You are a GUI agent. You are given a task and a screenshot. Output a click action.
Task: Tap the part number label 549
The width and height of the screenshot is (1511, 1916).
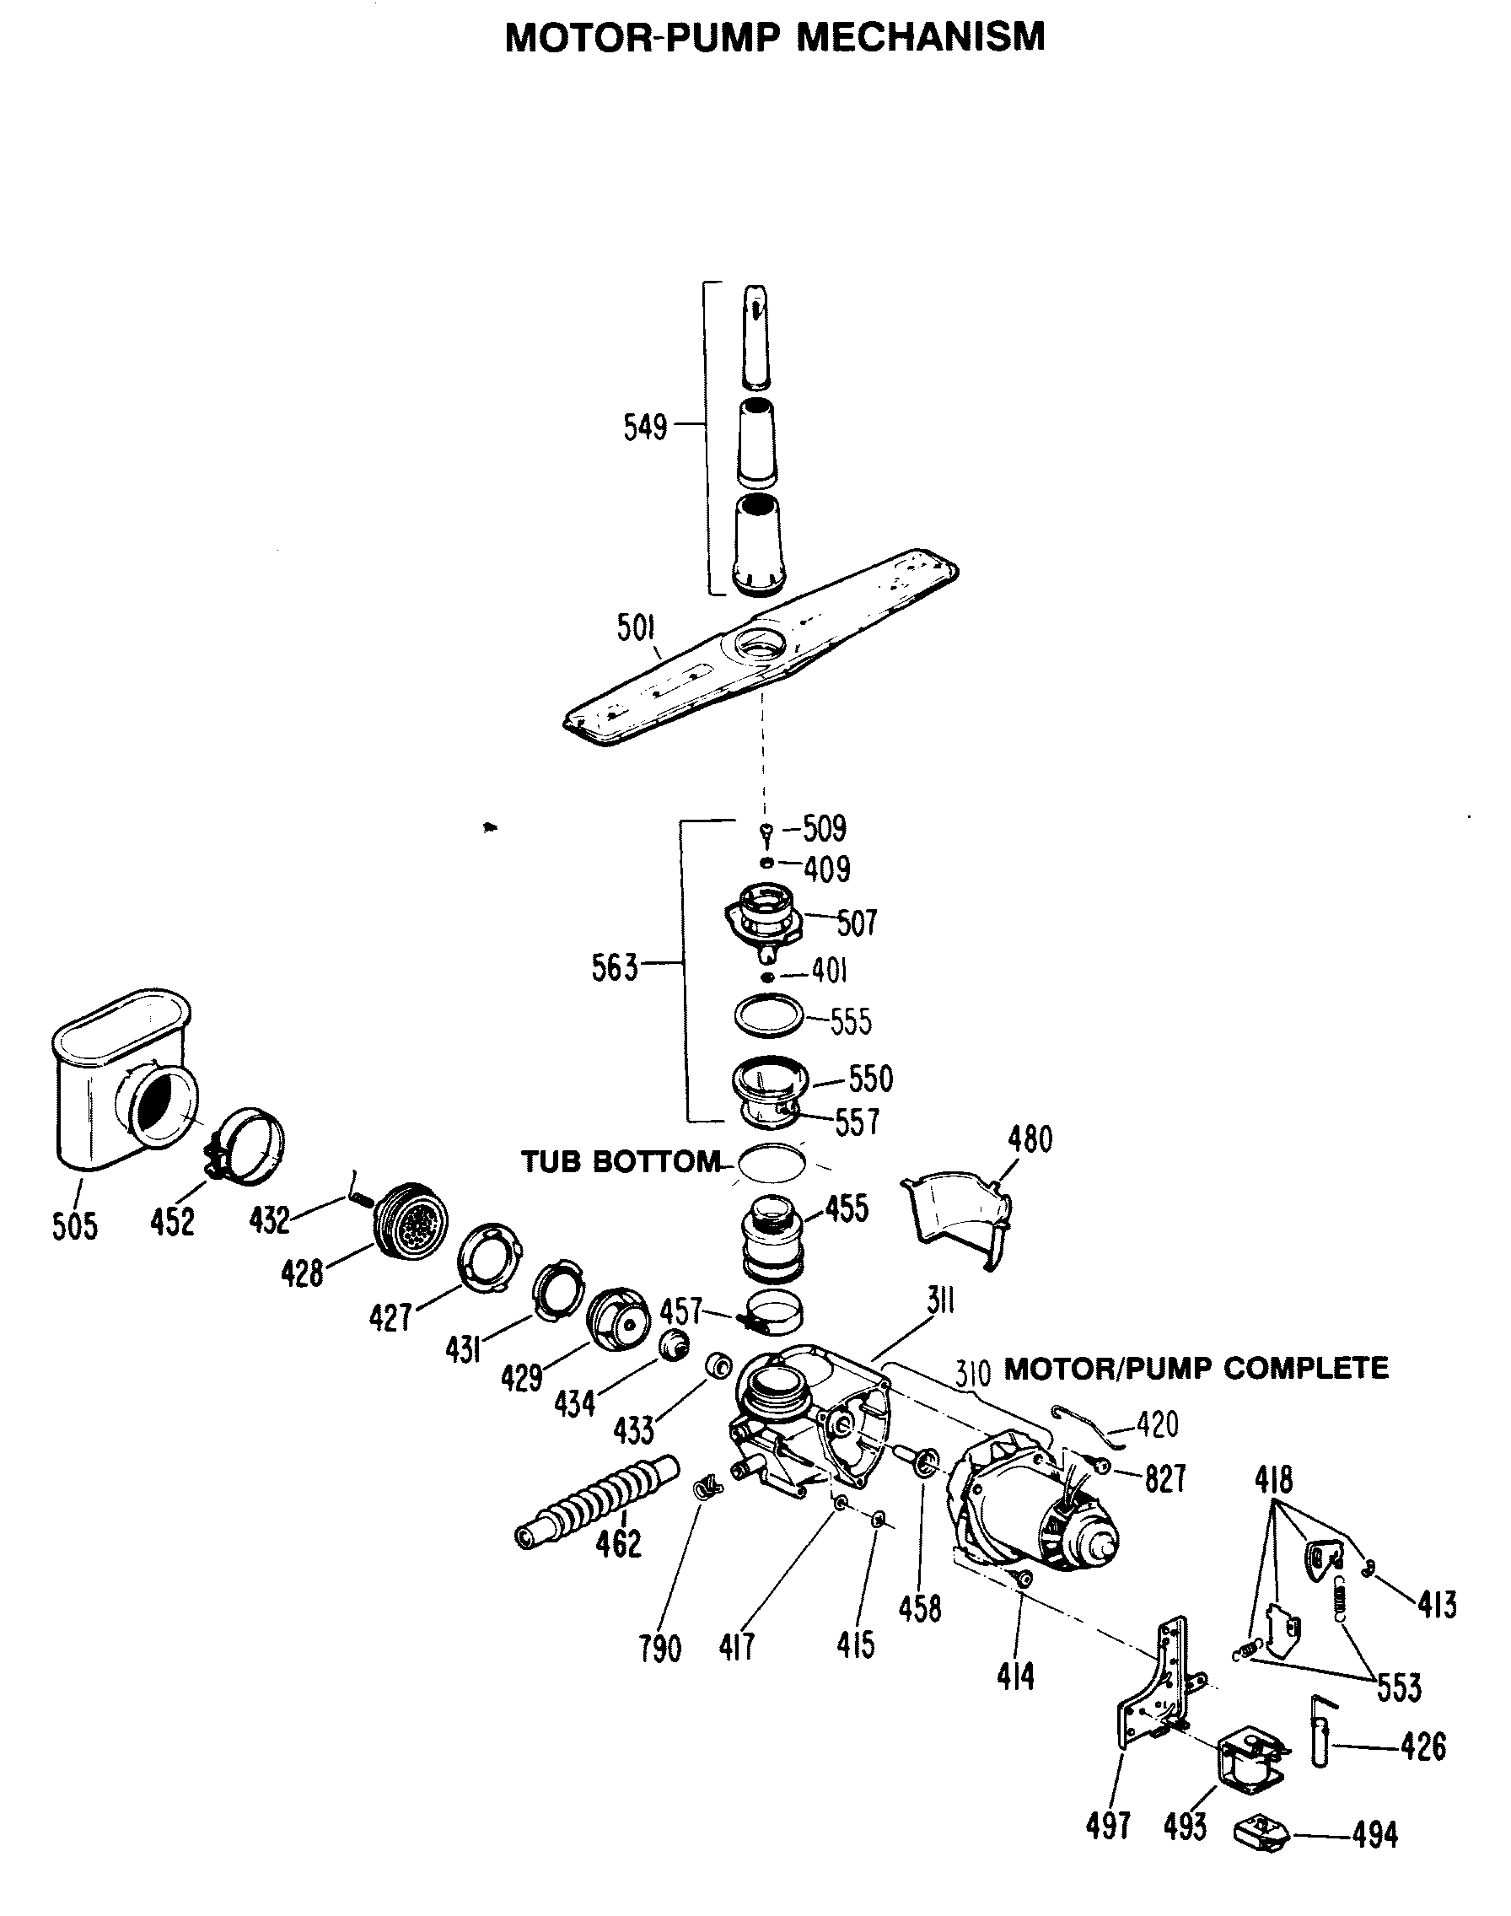pyautogui.click(x=645, y=428)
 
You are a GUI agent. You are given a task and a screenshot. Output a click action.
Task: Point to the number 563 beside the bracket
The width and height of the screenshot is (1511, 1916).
pyautogui.click(x=614, y=968)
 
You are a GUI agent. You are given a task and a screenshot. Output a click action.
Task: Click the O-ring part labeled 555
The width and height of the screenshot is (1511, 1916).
pyautogui.click(x=769, y=1014)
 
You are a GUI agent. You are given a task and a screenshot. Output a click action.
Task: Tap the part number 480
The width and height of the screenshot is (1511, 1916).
pyautogui.click(x=1030, y=1139)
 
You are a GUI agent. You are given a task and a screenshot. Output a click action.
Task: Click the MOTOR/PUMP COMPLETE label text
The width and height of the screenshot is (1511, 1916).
pyautogui.click(x=1196, y=1370)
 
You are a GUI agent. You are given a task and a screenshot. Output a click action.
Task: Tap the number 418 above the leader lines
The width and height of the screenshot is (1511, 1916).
pyautogui.click(x=1273, y=1479)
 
